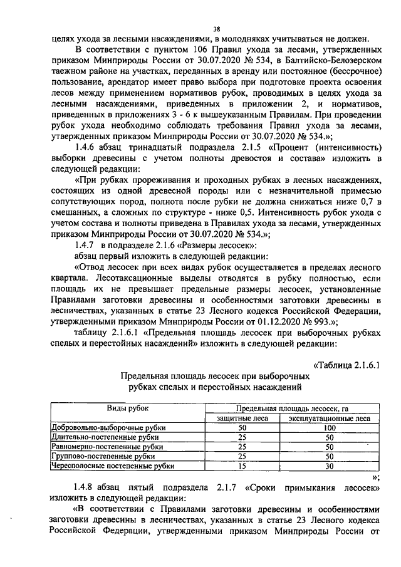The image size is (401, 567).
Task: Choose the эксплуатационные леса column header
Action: click(329, 419)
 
